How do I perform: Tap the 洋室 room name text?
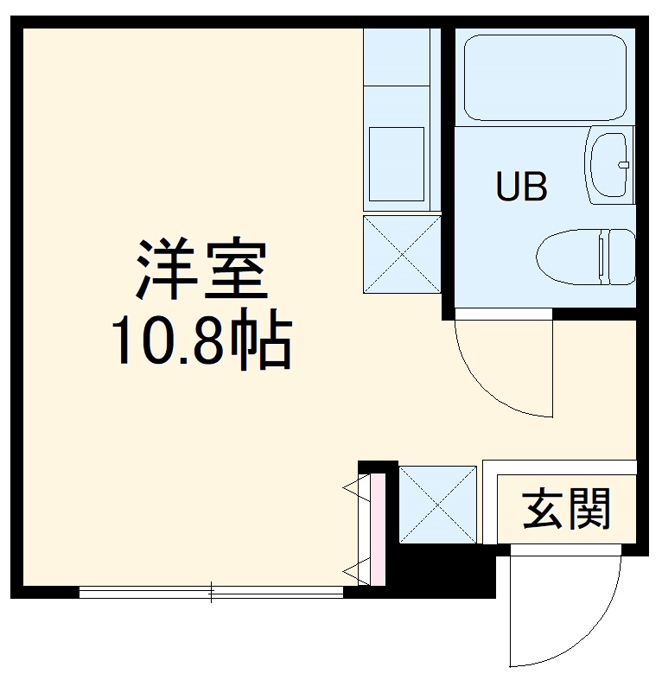tap(200, 269)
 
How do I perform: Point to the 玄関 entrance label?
tap(567, 509)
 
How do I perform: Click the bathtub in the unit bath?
tap(544, 77)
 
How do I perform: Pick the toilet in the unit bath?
tap(575, 256)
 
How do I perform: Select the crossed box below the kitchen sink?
tap(402, 254)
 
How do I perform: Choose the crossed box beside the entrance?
tap(437, 505)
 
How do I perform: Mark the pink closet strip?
tap(377, 526)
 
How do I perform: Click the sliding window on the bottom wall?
tap(212, 592)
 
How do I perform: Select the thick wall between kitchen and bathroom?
tap(447, 173)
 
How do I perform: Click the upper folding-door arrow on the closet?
tap(353, 489)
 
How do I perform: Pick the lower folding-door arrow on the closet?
tap(353, 569)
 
